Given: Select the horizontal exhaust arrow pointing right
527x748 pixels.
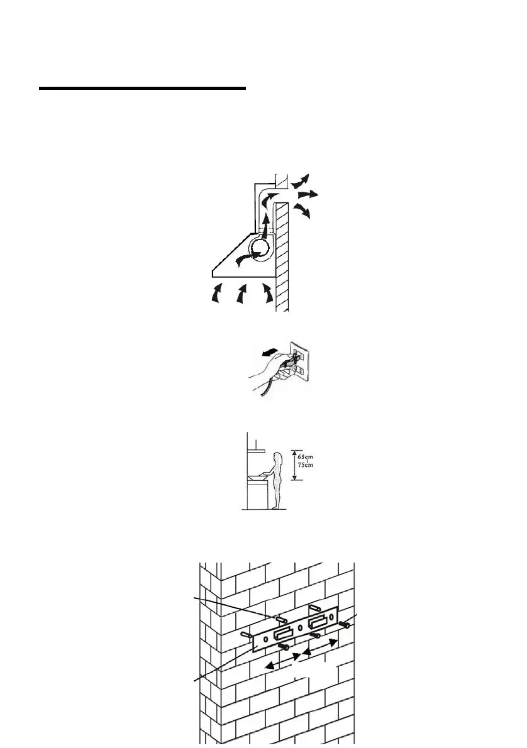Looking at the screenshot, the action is (308, 195).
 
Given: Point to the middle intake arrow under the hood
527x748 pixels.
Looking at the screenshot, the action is (241, 293).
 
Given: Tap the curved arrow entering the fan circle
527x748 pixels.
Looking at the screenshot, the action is (247, 258).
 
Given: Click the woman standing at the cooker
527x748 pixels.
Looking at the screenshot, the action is (279, 478).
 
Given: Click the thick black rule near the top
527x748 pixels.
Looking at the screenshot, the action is (142, 89).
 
